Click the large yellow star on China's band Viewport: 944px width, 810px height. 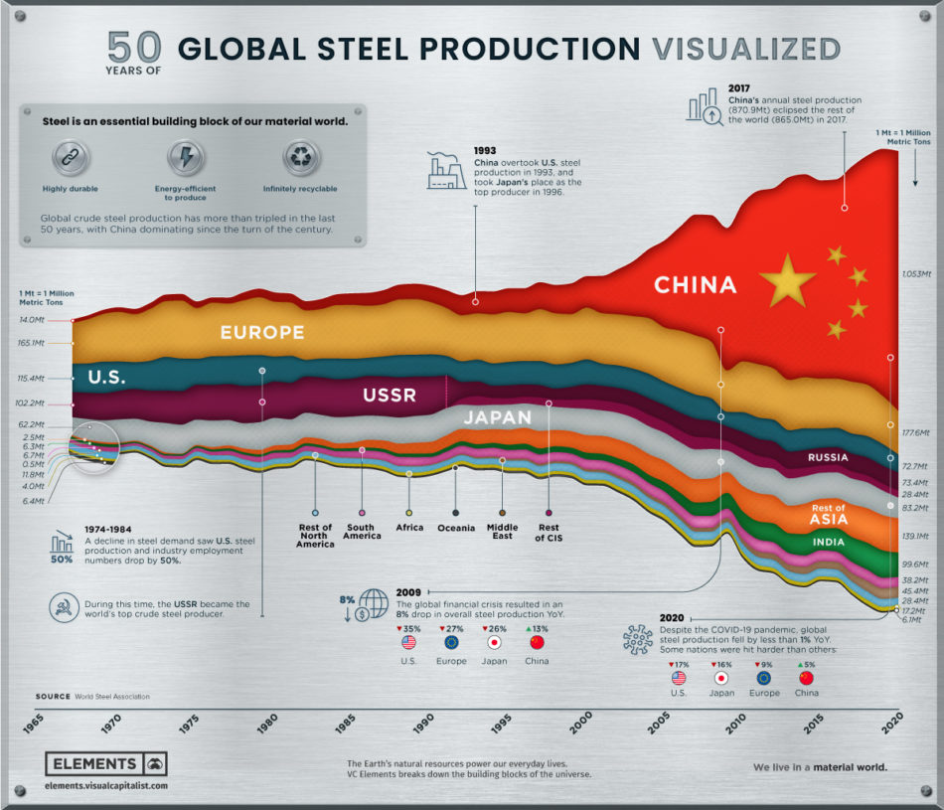coord(787,280)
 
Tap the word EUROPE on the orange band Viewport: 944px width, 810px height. coord(262,332)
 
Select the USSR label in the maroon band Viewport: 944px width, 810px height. coord(389,396)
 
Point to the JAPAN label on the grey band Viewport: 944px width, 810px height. coord(498,417)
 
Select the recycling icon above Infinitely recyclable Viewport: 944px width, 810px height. coord(299,156)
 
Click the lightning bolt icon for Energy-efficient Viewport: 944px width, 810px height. coord(186,156)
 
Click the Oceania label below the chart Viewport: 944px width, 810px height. coord(455,528)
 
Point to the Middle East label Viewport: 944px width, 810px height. coord(502,533)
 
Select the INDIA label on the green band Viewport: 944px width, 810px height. coord(828,543)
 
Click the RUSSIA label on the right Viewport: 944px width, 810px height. coord(828,458)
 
